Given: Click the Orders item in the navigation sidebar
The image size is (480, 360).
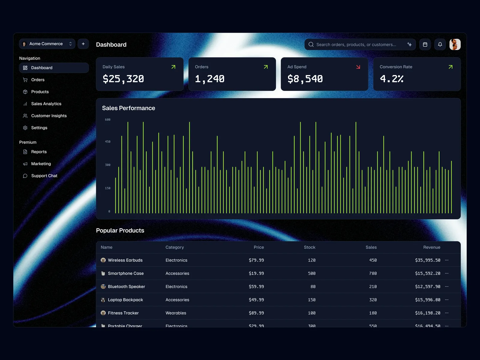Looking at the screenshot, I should pos(38,80).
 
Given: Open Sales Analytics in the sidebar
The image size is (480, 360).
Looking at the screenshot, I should pos(46,104).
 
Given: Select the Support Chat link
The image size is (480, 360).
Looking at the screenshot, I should pos(44,176).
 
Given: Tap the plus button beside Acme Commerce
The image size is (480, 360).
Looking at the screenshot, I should pos(83,44).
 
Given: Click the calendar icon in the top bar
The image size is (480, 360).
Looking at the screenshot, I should pos(425,44).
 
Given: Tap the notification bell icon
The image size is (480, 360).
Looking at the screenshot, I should pos(440,44).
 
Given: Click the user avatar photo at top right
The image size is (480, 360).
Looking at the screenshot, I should pos(455,44).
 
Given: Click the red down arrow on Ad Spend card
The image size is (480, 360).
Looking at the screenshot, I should pos(358,67).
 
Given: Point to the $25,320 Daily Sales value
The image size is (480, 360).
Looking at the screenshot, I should pos(123,79).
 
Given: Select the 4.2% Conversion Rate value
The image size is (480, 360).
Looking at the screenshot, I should pos(391,79).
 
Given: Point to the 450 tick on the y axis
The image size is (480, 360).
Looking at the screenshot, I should pos(108,142).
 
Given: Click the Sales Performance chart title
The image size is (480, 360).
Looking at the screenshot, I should pos(128,108).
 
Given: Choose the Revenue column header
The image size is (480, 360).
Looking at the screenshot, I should pos(432,247).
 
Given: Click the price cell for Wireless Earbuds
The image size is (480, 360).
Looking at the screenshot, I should pos(256,260).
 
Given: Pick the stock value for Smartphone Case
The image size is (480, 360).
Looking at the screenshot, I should pos(312,273).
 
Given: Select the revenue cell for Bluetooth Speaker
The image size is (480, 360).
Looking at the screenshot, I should pos(427,286).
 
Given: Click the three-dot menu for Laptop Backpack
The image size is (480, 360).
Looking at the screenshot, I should pos(447,300).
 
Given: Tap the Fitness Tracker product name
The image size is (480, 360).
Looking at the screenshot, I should pos(123,313).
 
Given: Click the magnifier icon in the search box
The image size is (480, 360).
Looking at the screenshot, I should pos(311,44).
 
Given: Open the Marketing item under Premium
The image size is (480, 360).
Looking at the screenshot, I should pos(41,164).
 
